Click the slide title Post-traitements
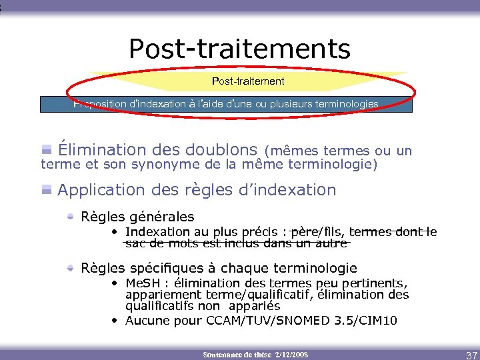tap(239, 49)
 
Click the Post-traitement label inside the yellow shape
tap(248, 81)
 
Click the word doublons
tap(214, 150)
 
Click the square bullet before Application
tap(47, 190)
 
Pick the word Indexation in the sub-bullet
tap(157, 232)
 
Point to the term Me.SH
tap(143, 283)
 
